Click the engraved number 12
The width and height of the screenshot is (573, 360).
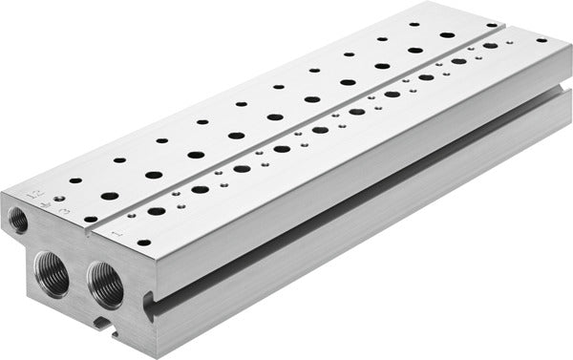[x=36, y=195]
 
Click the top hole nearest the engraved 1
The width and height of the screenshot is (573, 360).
[x=142, y=242]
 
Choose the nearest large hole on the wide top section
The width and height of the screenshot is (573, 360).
[x=110, y=196]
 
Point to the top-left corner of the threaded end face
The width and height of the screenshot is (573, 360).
[x=5, y=192]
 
